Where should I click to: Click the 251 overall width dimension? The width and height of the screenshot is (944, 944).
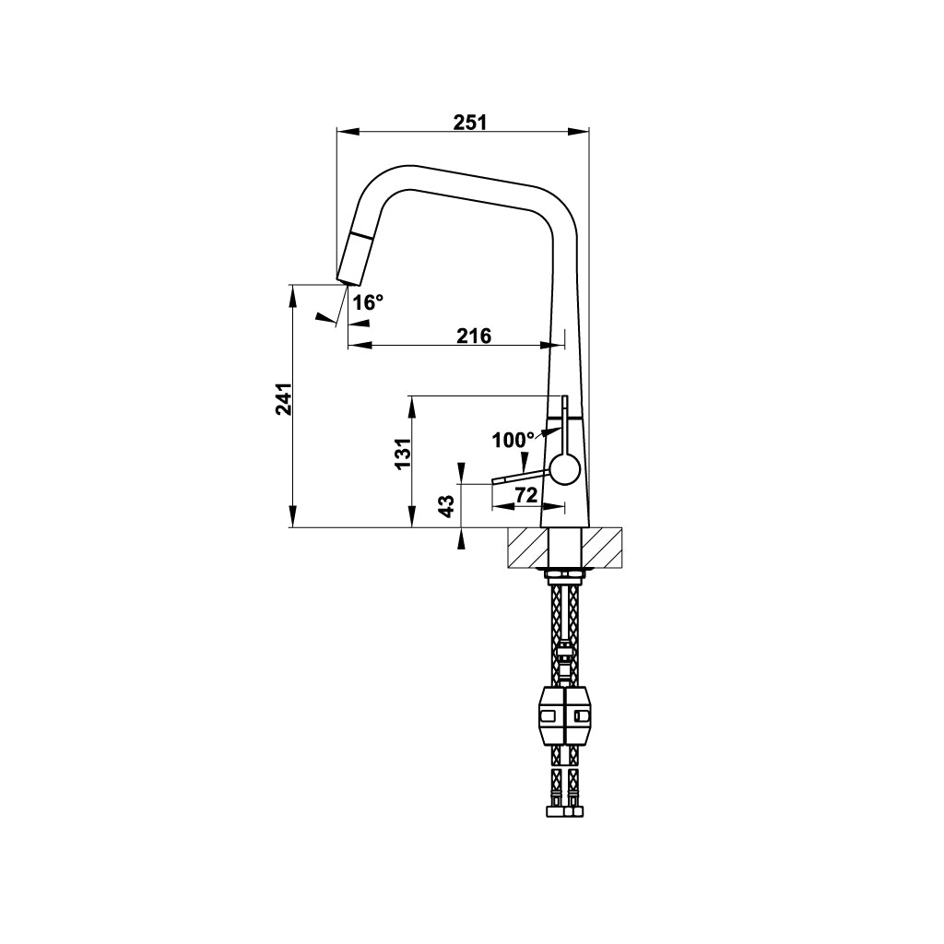(469, 123)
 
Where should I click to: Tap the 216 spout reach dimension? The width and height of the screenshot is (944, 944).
(474, 336)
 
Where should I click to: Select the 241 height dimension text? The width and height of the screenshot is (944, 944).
(284, 398)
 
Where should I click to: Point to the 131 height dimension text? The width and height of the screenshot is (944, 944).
(403, 454)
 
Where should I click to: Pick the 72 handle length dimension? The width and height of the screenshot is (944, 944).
(525, 495)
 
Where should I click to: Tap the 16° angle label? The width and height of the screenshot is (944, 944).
(368, 302)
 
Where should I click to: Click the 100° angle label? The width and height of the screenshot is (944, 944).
(513, 440)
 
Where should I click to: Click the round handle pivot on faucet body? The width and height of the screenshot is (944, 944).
(565, 468)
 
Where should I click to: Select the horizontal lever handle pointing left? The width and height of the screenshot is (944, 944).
(522, 477)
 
